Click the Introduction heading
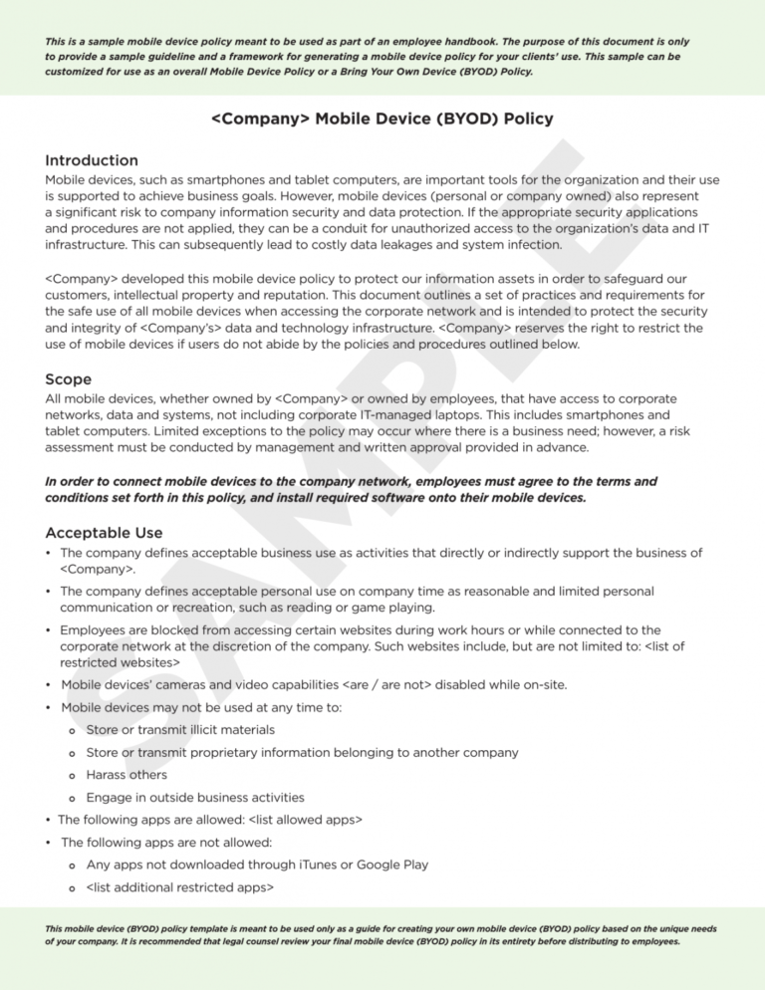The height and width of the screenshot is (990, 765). pos(92,160)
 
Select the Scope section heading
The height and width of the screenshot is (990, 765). pos(69,379)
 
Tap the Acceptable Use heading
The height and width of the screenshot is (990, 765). pos(104,533)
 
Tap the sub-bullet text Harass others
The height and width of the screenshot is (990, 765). pos(127,774)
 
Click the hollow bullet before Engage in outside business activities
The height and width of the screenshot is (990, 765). pos(73,798)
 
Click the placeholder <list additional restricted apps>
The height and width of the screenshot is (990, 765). pos(179,886)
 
